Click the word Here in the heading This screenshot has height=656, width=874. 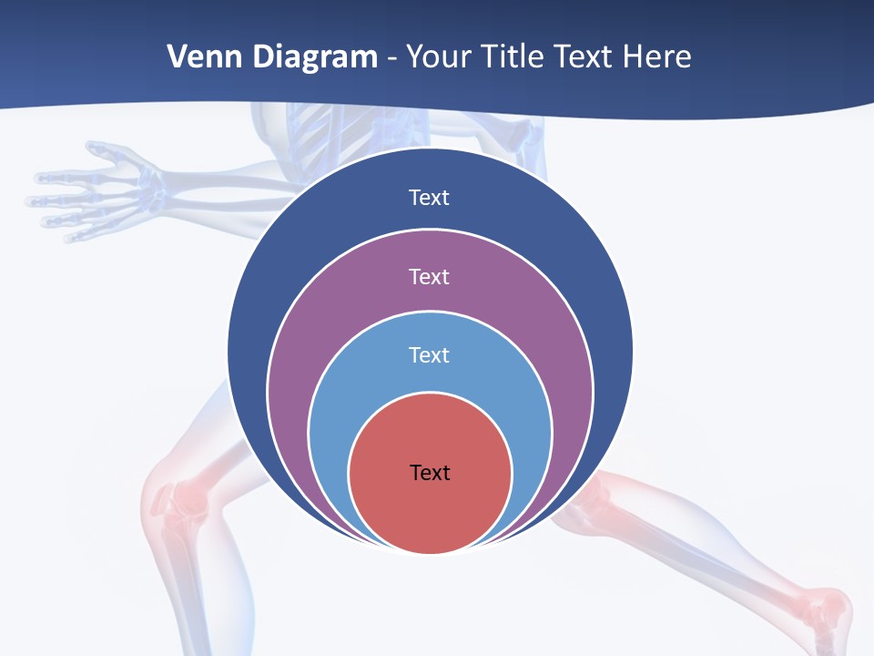click(656, 56)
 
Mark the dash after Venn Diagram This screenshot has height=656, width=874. click(391, 58)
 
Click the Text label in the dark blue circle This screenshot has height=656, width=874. click(429, 198)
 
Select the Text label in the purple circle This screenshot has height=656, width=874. click(429, 276)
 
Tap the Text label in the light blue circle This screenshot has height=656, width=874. click(429, 354)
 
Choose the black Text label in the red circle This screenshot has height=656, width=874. click(430, 472)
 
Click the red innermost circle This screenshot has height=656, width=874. click(430, 510)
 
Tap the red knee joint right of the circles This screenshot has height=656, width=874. click(592, 497)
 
